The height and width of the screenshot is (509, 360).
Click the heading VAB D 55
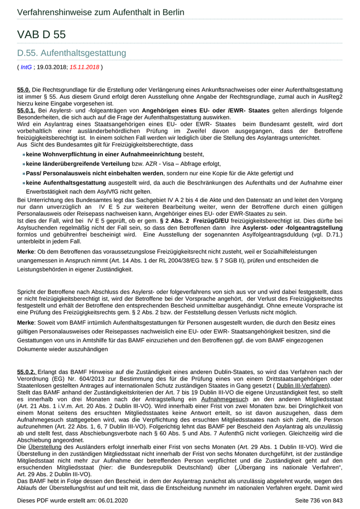(42, 34)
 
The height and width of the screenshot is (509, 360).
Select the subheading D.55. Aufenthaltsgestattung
(71, 53)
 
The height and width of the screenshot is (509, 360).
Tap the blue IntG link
(26, 67)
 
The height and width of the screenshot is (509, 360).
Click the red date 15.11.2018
(84, 67)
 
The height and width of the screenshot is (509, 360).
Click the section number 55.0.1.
(26, 111)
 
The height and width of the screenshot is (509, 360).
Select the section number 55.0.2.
(26, 372)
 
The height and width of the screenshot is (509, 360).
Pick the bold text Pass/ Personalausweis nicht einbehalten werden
(95, 174)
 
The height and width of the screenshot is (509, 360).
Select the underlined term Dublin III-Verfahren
(303, 386)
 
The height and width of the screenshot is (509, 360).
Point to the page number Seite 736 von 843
(319, 500)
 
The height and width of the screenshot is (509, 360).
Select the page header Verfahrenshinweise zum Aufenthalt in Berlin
(101, 12)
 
